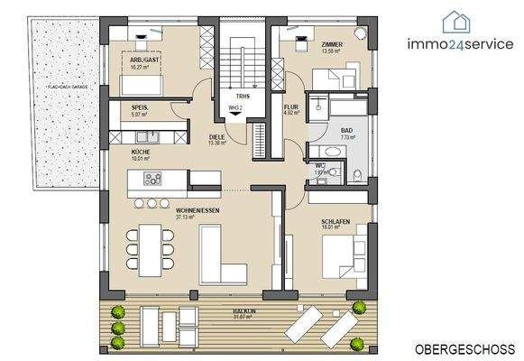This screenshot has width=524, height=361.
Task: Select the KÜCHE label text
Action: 140,152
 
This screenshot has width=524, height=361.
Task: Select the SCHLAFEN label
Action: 336,222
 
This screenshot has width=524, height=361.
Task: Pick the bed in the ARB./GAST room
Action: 140,84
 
